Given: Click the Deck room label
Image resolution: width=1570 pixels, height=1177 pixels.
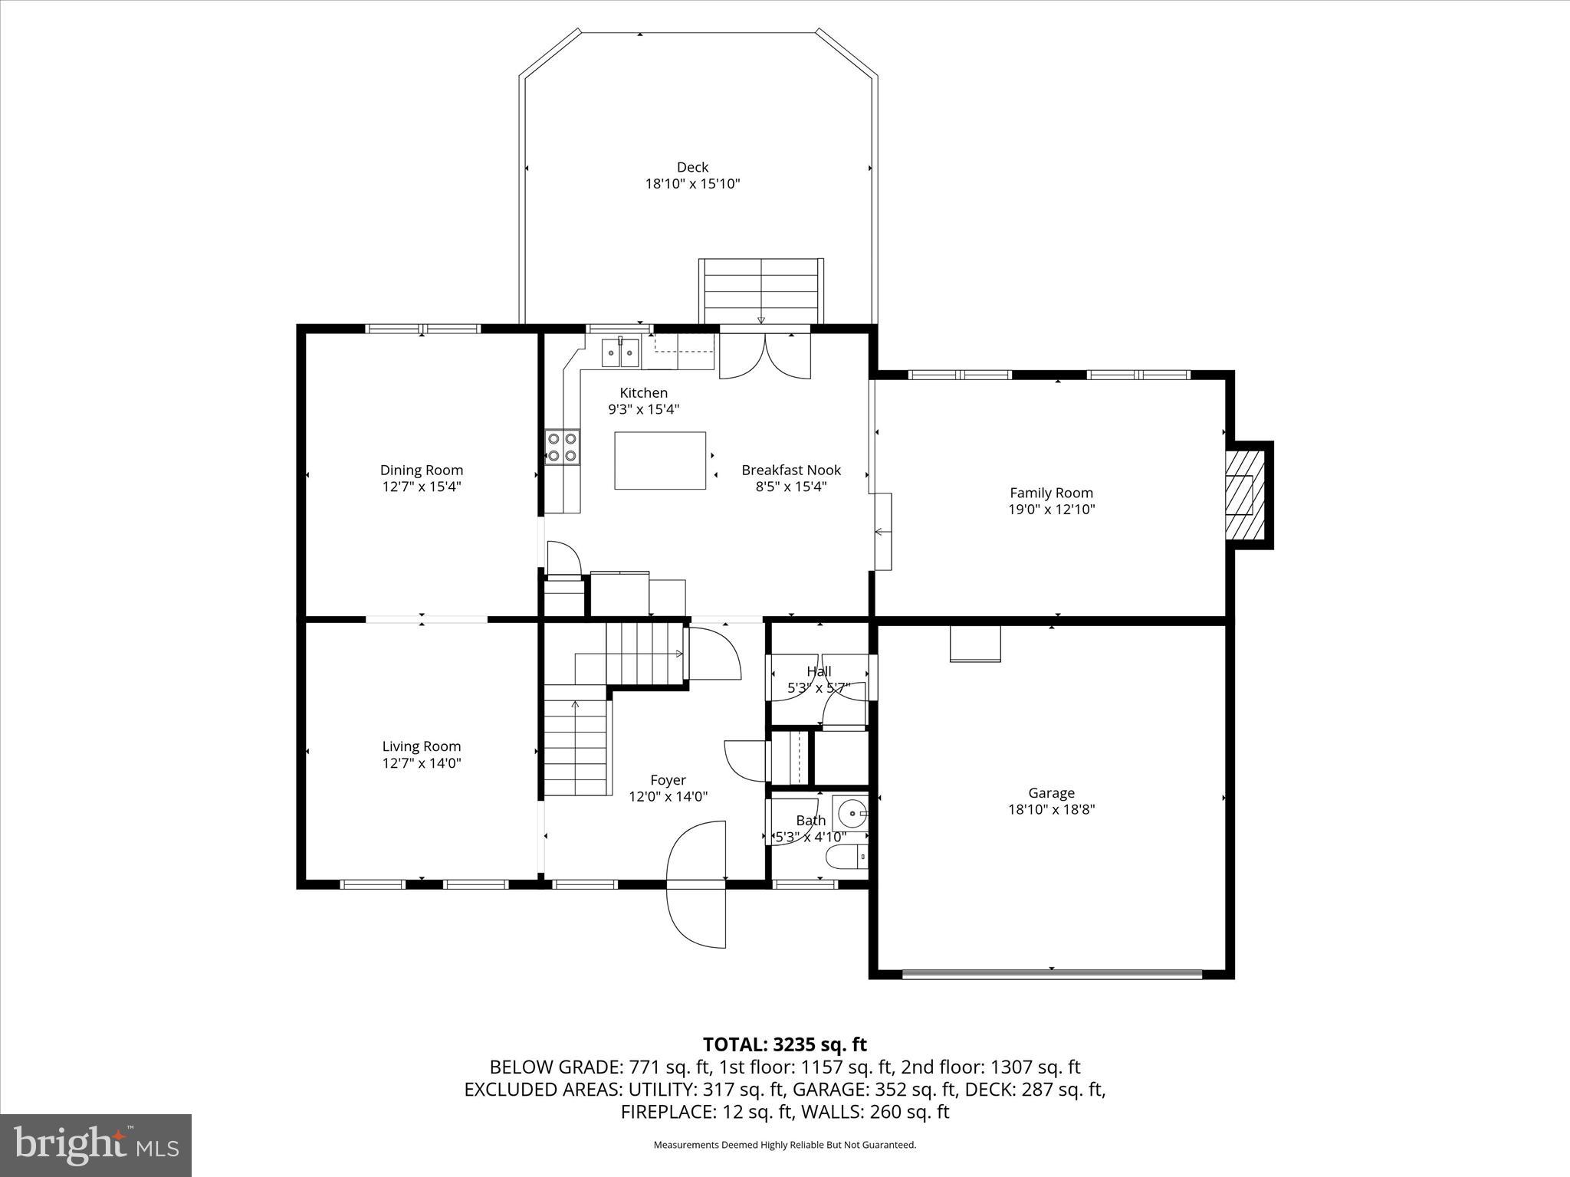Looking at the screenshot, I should tap(692, 167).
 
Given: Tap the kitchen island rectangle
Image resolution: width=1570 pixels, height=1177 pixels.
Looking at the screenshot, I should tap(660, 461).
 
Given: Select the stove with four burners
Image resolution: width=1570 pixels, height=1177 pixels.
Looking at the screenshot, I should tap(562, 448).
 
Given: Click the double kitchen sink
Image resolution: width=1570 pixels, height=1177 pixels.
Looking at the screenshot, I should tap(620, 352).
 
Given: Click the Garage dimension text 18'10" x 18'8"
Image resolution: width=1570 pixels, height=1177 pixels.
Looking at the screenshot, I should tap(1051, 809).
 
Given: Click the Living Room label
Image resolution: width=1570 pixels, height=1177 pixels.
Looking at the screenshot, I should tap(422, 746).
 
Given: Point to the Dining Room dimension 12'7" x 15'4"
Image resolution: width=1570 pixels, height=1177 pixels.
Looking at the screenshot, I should tap(422, 487).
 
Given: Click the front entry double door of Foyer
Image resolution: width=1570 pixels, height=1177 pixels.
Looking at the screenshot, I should tap(696, 884).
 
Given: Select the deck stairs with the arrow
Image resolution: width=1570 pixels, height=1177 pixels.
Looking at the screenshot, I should tap(760, 292).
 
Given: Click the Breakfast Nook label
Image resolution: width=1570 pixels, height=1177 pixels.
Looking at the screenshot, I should tap(791, 470).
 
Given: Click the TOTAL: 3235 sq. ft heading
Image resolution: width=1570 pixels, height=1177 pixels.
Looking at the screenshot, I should tap(784, 1044).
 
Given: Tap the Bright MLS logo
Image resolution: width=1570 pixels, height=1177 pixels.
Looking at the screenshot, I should tap(96, 1146).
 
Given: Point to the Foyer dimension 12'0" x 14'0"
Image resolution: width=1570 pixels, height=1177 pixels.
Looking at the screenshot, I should tap(668, 797).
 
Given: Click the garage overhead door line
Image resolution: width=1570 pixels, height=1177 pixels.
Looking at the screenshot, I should tap(1052, 975).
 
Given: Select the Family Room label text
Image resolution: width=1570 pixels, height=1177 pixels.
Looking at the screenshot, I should tap(1051, 493).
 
